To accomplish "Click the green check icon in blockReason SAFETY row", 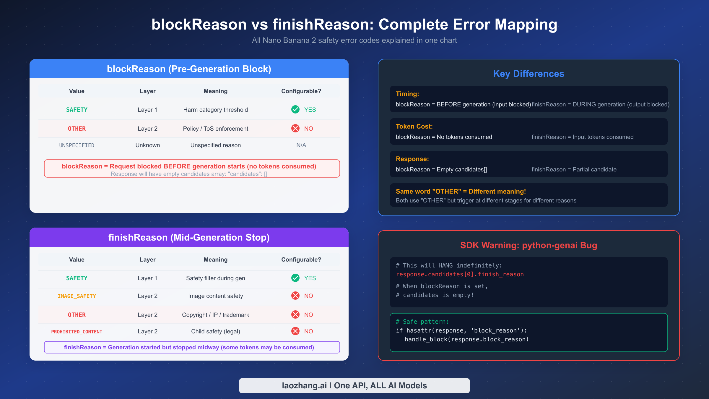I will [295, 110].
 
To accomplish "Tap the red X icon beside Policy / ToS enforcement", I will [295, 128].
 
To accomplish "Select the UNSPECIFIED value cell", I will [77, 145].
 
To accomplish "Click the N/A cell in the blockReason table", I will [301, 145].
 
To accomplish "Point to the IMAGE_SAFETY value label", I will [77, 296].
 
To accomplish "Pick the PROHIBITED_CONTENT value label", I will [77, 332].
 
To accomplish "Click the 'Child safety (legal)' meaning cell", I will [215, 331].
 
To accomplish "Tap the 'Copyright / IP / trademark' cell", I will [215, 315].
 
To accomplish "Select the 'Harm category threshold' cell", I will [215, 110].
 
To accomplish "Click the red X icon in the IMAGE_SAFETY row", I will [295, 296].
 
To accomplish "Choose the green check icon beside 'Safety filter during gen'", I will [295, 278].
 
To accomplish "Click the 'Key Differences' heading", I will [529, 74].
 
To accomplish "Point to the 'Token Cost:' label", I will [414, 126].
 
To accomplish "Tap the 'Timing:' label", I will [407, 94].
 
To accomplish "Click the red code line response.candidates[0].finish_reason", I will [460, 274].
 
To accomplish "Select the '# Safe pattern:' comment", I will [422, 322].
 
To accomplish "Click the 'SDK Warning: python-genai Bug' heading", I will [529, 245].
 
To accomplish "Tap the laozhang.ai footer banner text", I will [354, 386].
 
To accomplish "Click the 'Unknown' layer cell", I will [147, 145].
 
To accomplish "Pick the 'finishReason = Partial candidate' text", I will [574, 169].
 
